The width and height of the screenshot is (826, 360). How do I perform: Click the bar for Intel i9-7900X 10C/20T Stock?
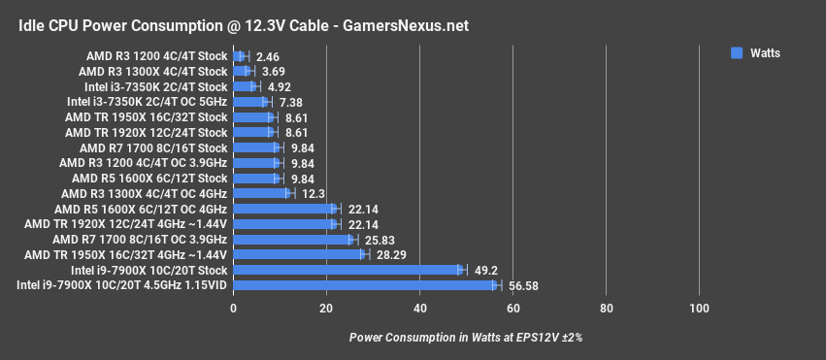tap(349, 270)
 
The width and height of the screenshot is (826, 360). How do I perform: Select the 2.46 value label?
tap(268, 56)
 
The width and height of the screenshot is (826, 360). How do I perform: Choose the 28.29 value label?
tap(389, 254)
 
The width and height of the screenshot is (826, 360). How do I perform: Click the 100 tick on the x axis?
tap(699, 309)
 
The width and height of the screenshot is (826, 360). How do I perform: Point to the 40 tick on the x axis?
tap(420, 309)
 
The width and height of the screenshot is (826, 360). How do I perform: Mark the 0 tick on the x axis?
tap(234, 309)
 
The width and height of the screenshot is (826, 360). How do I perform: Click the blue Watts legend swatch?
tap(737, 54)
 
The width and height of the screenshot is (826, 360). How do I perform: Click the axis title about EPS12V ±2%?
tap(465, 337)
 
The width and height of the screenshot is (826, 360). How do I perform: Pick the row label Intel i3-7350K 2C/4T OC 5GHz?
tap(147, 102)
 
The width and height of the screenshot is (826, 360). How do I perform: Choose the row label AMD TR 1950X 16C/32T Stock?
tap(146, 116)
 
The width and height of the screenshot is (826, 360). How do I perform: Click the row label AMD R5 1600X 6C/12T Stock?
tap(149, 178)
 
